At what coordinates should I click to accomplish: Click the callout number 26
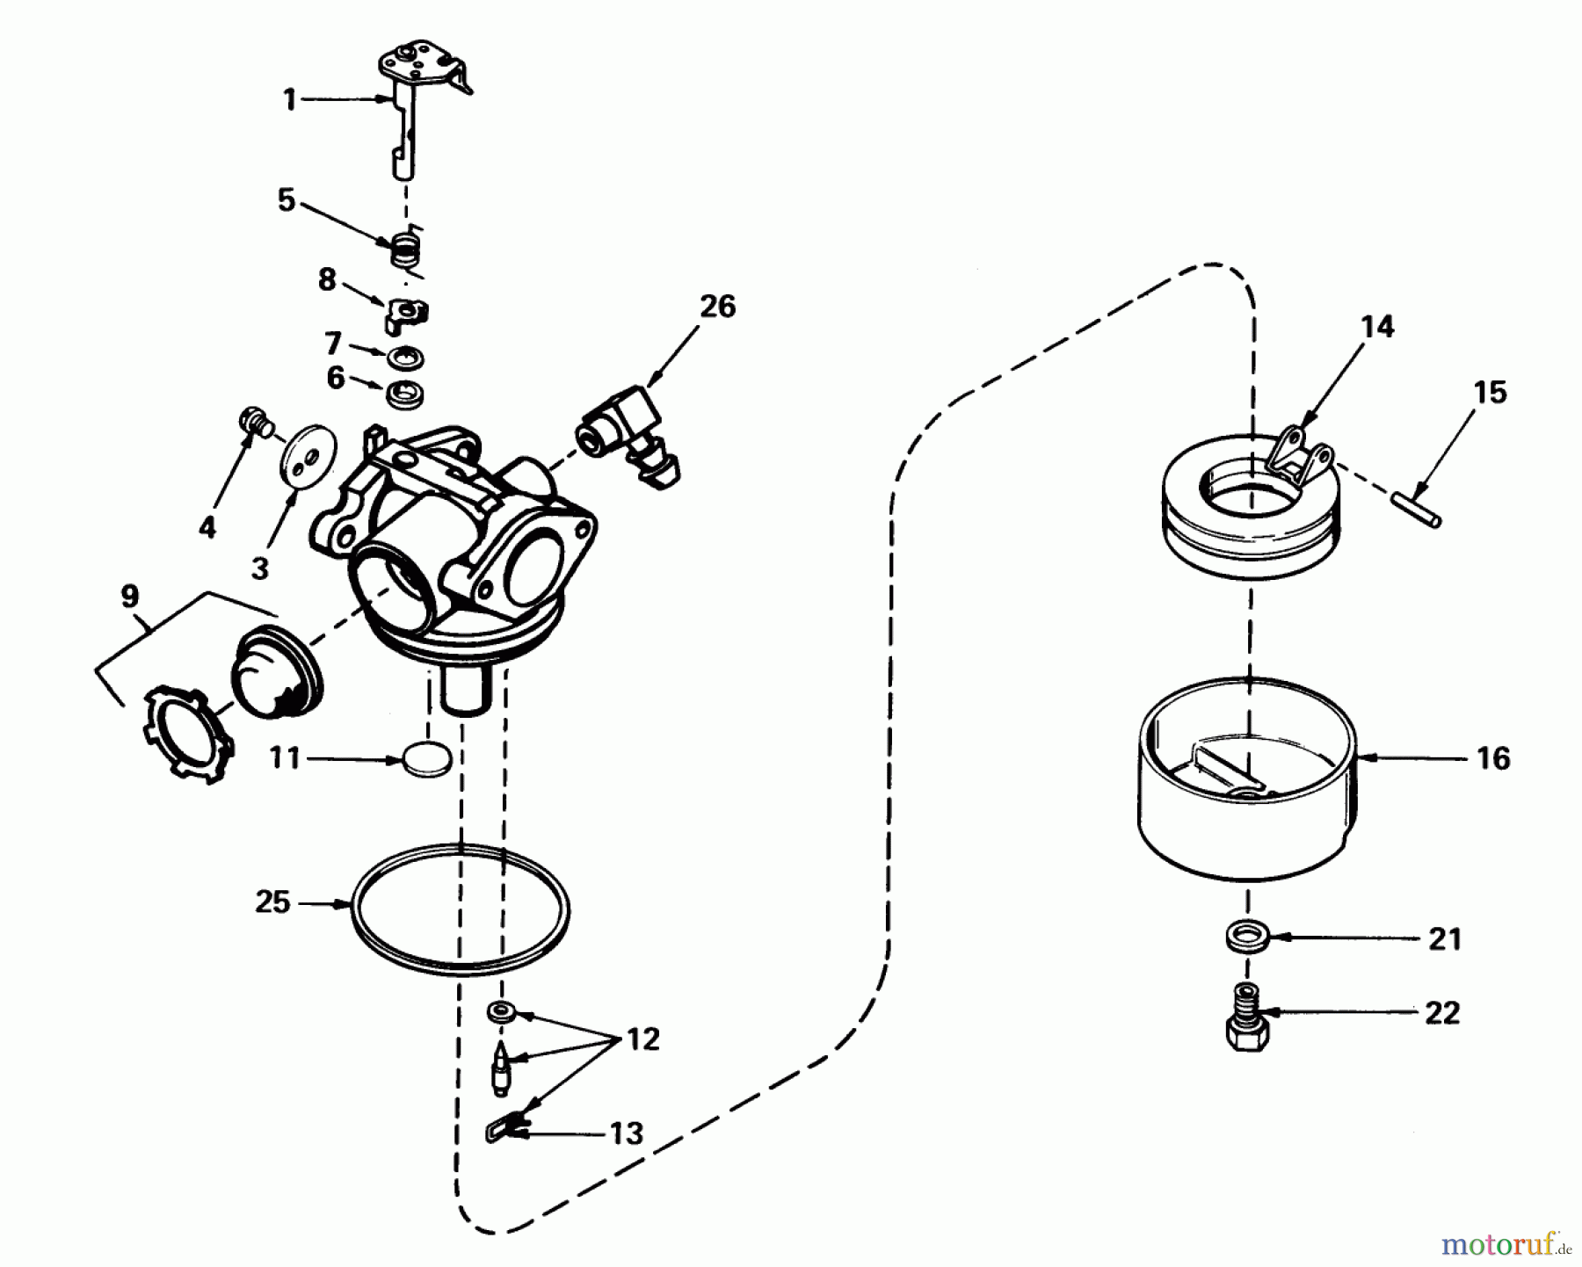coord(717,307)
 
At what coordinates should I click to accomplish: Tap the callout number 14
coord(1377,327)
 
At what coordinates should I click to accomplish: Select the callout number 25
coord(272,901)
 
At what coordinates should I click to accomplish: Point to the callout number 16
coord(1493,757)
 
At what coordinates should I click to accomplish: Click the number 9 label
coord(129,597)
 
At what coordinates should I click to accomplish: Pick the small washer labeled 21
coord(1247,936)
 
